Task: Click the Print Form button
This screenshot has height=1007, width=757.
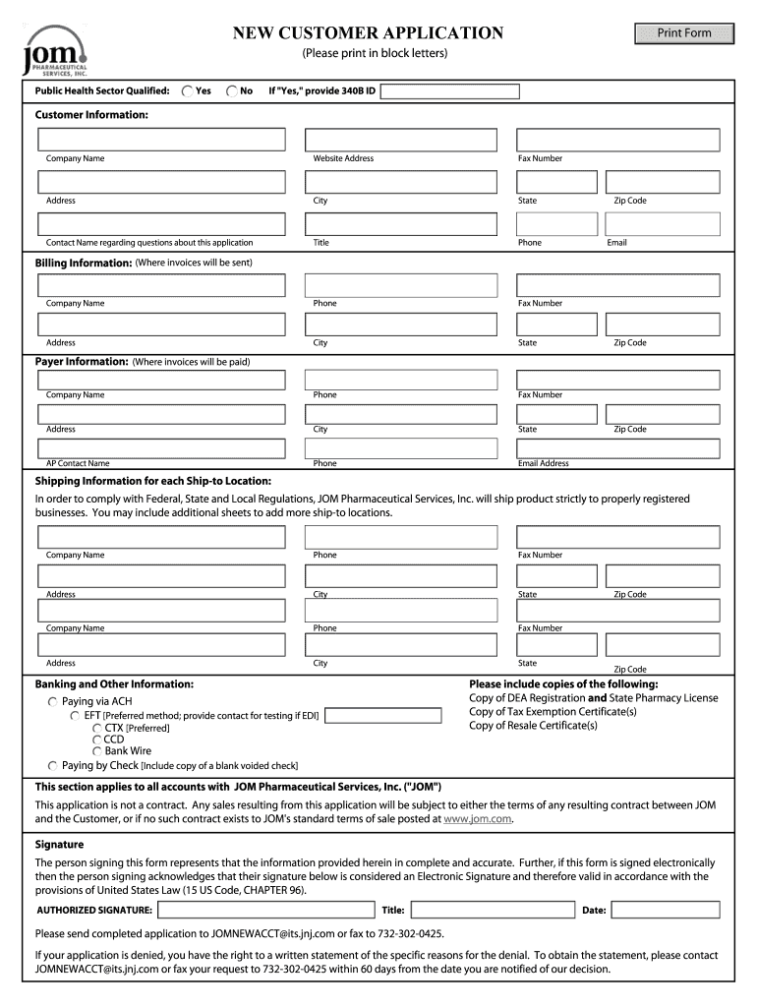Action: pyautogui.click(x=684, y=33)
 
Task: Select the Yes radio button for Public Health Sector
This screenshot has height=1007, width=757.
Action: pyautogui.click(x=187, y=91)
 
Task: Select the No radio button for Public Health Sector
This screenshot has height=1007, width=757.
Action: pyautogui.click(x=231, y=91)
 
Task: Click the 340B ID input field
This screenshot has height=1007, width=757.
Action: pyautogui.click(x=449, y=91)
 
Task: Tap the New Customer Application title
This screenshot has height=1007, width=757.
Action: pyautogui.click(x=368, y=33)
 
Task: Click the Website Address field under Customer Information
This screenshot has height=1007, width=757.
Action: pyautogui.click(x=405, y=140)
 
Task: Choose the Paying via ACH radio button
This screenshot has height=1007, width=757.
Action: pyautogui.click(x=53, y=702)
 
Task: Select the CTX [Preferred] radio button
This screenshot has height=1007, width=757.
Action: pyautogui.click(x=97, y=728)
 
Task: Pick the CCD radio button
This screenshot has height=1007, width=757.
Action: pyautogui.click(x=97, y=740)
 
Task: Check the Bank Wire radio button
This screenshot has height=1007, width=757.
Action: pyautogui.click(x=97, y=751)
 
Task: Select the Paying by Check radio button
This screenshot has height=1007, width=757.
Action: pyautogui.click(x=53, y=765)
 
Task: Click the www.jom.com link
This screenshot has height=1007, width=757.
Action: pyautogui.click(x=478, y=818)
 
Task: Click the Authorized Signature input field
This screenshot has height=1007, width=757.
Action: pyautogui.click(x=265, y=910)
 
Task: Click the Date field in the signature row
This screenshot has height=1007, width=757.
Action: pyautogui.click(x=664, y=910)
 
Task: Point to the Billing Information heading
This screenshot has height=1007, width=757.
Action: pyautogui.click(x=84, y=264)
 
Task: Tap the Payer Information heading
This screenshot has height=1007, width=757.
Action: pyautogui.click(x=82, y=362)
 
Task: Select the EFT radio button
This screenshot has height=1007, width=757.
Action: pyautogui.click(x=75, y=716)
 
